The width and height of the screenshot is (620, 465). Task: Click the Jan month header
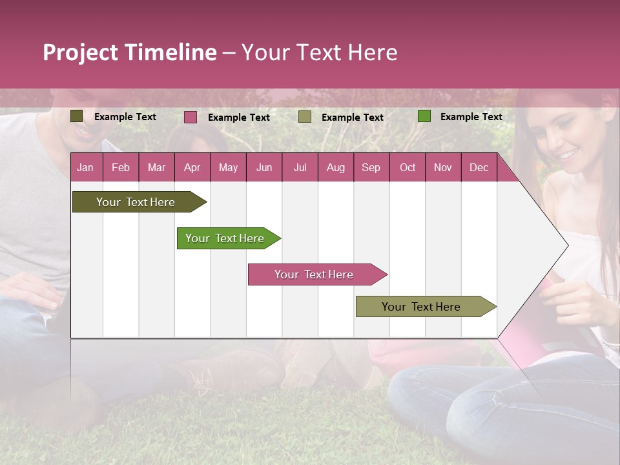[x=85, y=168]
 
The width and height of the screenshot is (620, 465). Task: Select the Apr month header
[x=192, y=168]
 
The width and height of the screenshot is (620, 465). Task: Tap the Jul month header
[x=300, y=168]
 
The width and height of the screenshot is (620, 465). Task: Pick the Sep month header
[x=371, y=168]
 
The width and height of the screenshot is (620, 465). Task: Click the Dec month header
[x=479, y=168]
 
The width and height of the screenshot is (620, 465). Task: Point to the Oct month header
[x=408, y=168]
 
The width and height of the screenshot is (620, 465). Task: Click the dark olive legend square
[x=77, y=116]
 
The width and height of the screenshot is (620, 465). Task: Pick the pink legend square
[x=191, y=117]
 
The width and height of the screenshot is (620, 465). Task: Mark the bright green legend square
[x=424, y=116]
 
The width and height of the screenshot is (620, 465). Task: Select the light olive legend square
[x=305, y=117]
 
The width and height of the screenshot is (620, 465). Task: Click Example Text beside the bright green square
[x=471, y=117]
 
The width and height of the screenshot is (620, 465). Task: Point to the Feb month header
[x=121, y=168]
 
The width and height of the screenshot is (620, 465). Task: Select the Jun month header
[x=264, y=168]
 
